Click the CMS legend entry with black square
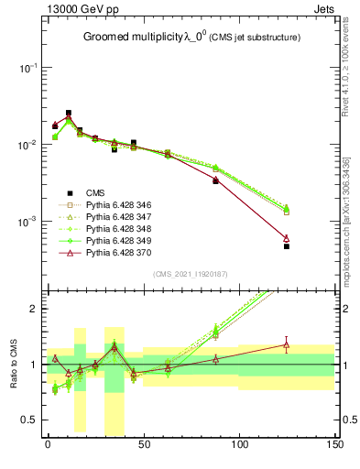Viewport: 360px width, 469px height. tap(94, 192)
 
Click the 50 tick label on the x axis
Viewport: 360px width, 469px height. tap(143, 445)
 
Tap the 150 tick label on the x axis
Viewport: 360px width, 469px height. tap(334, 445)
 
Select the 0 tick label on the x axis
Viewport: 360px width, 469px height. tap(48, 445)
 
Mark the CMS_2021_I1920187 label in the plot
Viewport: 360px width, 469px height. tap(190, 274)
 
